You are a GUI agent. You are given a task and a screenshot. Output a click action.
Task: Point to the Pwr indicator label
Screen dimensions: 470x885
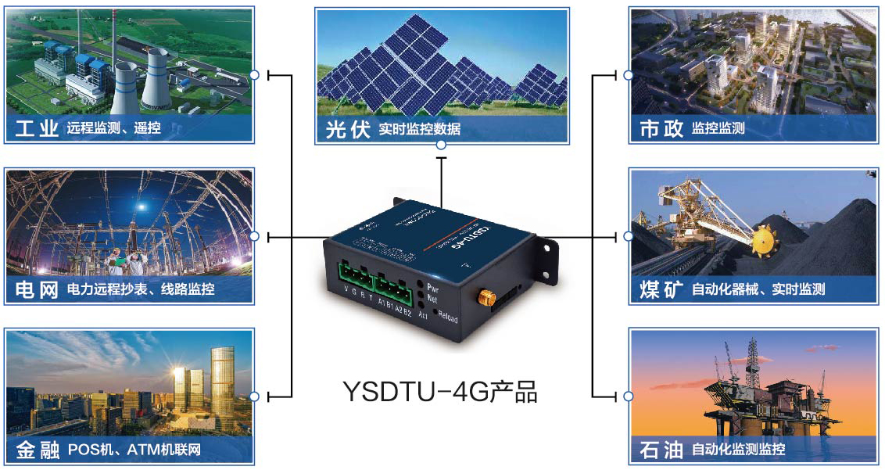(x=433, y=288)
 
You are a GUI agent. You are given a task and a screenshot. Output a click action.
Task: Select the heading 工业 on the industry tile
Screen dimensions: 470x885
(x=37, y=128)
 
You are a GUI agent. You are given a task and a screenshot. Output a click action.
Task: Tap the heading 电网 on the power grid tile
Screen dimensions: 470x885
(x=37, y=290)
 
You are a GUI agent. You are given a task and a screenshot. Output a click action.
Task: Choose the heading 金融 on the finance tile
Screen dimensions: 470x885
(x=37, y=450)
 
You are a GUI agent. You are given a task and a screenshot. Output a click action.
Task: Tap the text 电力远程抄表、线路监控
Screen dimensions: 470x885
(x=141, y=290)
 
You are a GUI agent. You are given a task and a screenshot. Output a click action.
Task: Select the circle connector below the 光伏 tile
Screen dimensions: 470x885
(x=441, y=145)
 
